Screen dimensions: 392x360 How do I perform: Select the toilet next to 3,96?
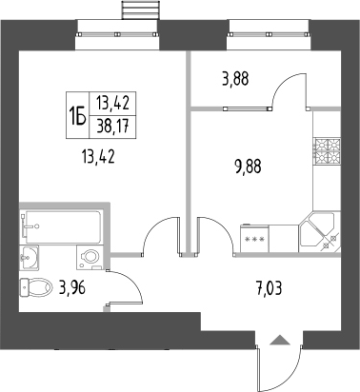click(x=37, y=287)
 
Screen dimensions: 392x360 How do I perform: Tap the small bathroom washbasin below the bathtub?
click(x=31, y=255)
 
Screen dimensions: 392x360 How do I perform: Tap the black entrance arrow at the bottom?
click(x=278, y=340)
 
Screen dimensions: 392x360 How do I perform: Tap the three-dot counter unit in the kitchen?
click(x=256, y=238)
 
